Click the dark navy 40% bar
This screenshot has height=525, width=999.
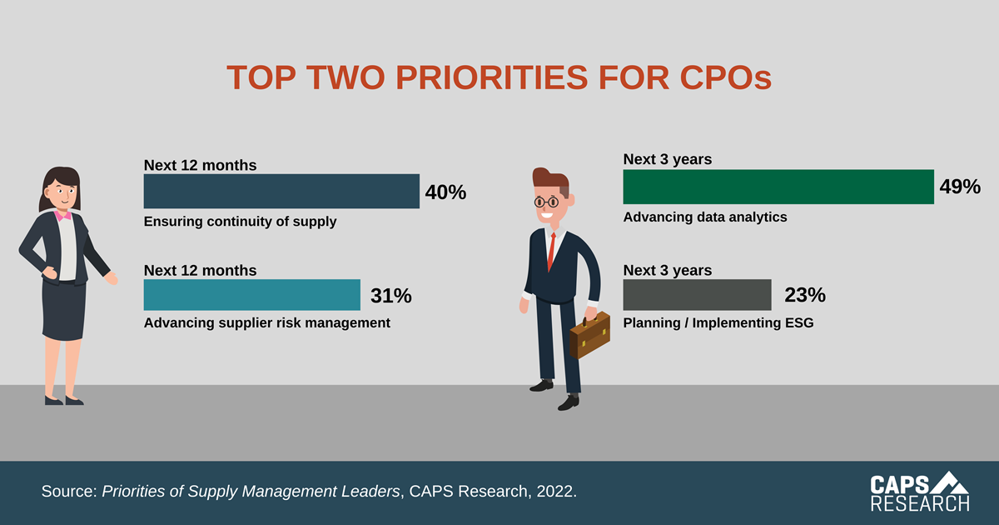click(281, 191)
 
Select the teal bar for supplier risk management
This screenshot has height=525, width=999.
click(251, 295)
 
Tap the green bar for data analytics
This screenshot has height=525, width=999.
click(778, 187)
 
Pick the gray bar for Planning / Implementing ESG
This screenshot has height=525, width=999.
click(697, 295)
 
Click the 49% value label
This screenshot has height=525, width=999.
click(960, 187)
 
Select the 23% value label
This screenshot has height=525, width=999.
click(804, 295)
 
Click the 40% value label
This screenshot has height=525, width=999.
click(445, 192)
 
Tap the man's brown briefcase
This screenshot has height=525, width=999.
click(590, 334)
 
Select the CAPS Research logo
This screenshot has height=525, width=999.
click(919, 492)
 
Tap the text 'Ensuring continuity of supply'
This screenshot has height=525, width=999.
click(240, 222)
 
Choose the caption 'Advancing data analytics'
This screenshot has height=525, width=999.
click(705, 217)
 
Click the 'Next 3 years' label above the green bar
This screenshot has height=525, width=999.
click(668, 159)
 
